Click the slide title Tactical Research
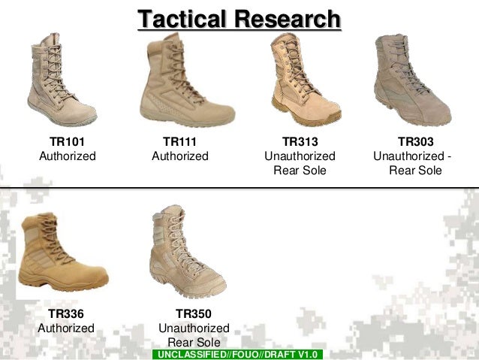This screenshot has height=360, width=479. pos(239,18)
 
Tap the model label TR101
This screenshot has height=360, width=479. pos(67,141)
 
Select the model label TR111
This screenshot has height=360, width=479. pos(179,141)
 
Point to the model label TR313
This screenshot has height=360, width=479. pos(300,141)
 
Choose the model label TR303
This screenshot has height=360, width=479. pos(415,141)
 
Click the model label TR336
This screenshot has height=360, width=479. pos(66,313)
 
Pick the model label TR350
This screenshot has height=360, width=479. pos(194,313)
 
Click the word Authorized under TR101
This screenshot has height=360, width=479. pos(67,156)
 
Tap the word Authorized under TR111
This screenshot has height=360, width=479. pos(179,156)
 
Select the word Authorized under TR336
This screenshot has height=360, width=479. pos(66,328)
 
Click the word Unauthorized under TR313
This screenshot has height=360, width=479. pos(300,156)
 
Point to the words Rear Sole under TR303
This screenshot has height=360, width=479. pos(415,171)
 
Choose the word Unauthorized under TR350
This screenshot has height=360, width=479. pos(194,328)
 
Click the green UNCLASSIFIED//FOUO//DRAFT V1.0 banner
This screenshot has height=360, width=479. pos(236,354)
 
